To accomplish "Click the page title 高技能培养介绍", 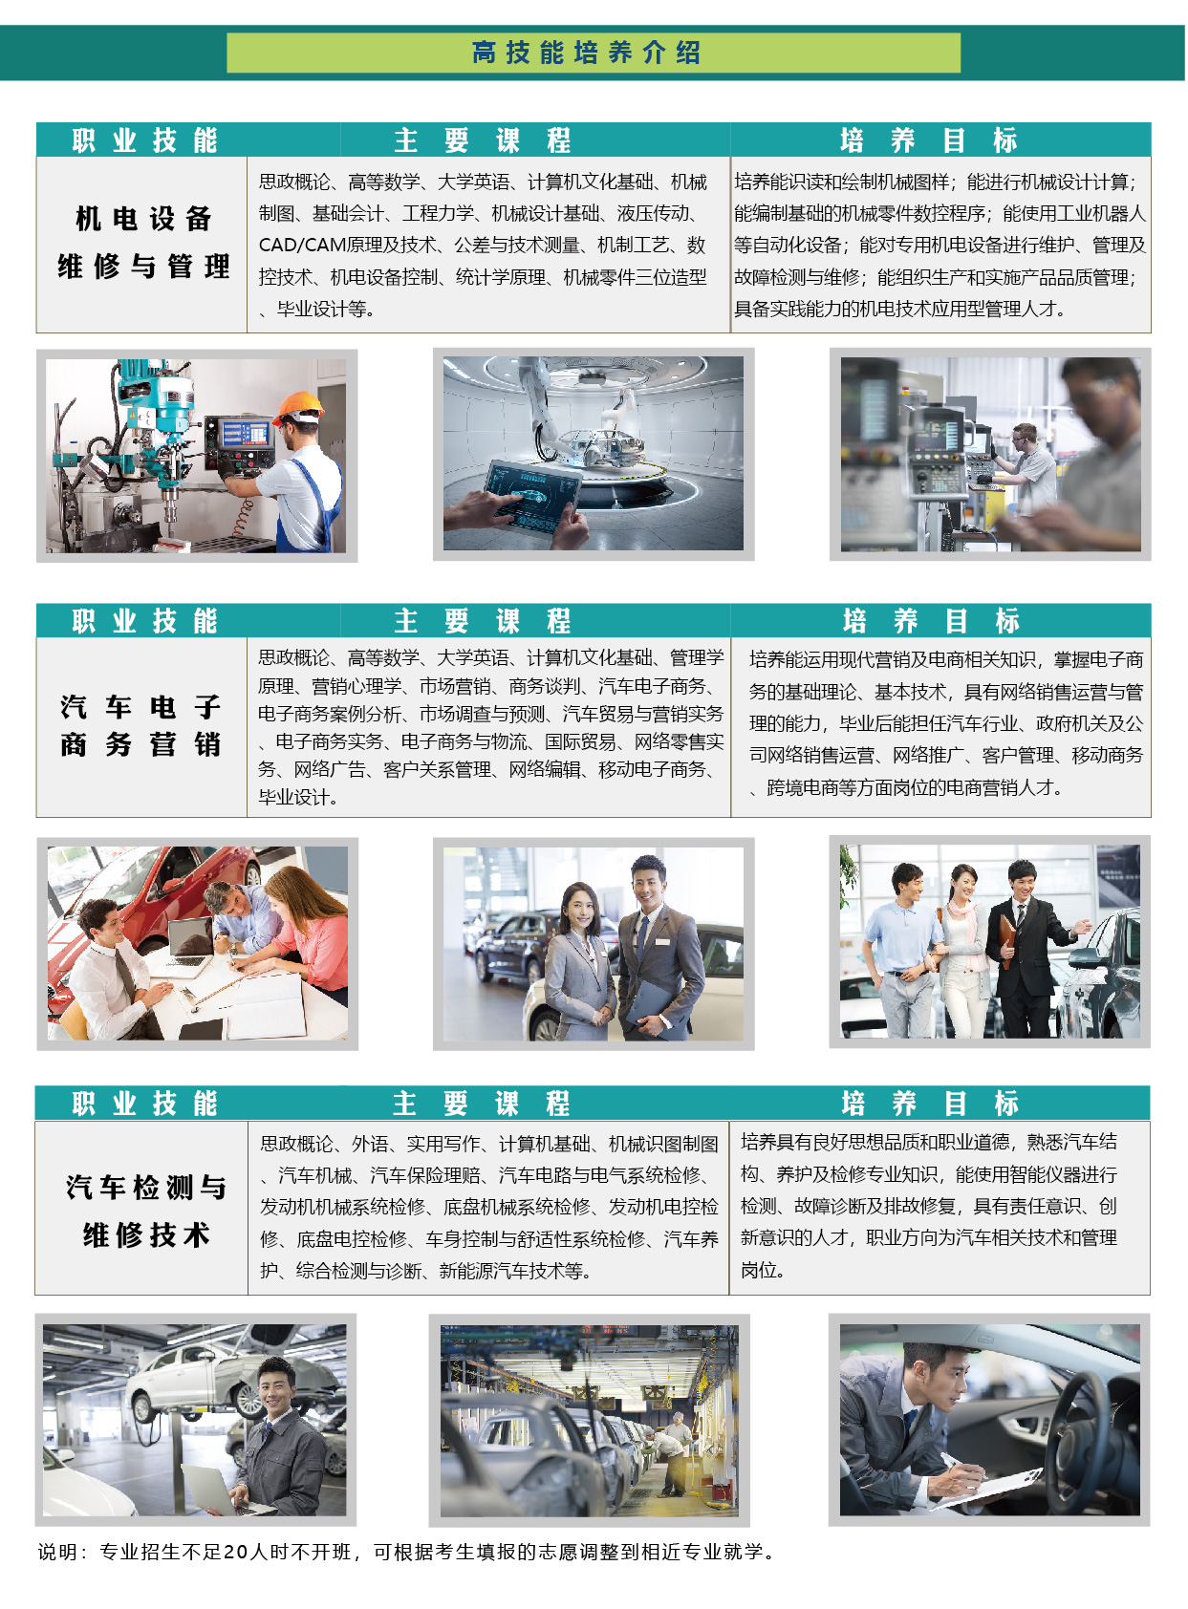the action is click(x=586, y=53).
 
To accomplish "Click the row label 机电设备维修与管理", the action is click(x=143, y=243).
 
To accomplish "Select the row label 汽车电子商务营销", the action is click(x=140, y=725).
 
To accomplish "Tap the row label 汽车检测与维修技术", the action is click(x=146, y=1211).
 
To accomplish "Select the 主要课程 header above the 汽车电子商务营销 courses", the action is click(x=482, y=621).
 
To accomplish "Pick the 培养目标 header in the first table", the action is click(x=928, y=140).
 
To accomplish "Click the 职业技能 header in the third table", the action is click(x=144, y=1103).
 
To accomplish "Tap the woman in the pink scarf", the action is click(x=963, y=949).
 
